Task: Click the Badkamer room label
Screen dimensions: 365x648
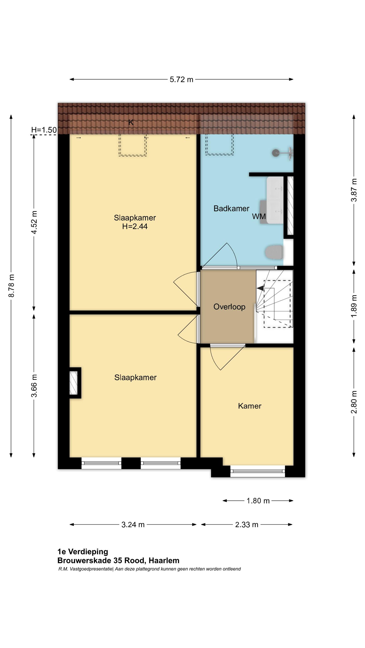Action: click(x=231, y=209)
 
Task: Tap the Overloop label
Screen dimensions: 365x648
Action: click(x=229, y=307)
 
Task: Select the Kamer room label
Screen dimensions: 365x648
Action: click(x=249, y=406)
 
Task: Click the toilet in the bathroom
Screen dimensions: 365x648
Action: click(x=274, y=252)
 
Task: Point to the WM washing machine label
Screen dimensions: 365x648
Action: click(x=259, y=216)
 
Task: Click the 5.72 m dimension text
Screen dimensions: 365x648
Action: click(x=181, y=79)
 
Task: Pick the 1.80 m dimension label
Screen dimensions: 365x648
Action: click(x=258, y=501)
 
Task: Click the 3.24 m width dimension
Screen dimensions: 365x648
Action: click(x=133, y=524)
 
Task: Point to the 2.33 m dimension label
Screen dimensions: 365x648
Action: click(x=247, y=524)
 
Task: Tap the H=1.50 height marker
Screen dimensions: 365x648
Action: click(x=44, y=130)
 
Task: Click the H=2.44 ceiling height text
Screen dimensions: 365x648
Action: click(x=135, y=226)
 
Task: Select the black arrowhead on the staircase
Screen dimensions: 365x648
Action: click(x=260, y=288)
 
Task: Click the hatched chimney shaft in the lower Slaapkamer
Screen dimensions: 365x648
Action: click(x=74, y=383)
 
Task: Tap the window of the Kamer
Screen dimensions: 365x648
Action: click(x=258, y=471)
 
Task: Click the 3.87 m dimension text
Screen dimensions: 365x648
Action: click(x=354, y=190)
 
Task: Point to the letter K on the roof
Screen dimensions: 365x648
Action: click(x=131, y=123)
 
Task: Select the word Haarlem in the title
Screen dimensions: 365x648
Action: click(x=164, y=561)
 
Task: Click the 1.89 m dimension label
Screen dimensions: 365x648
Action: click(x=354, y=306)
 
